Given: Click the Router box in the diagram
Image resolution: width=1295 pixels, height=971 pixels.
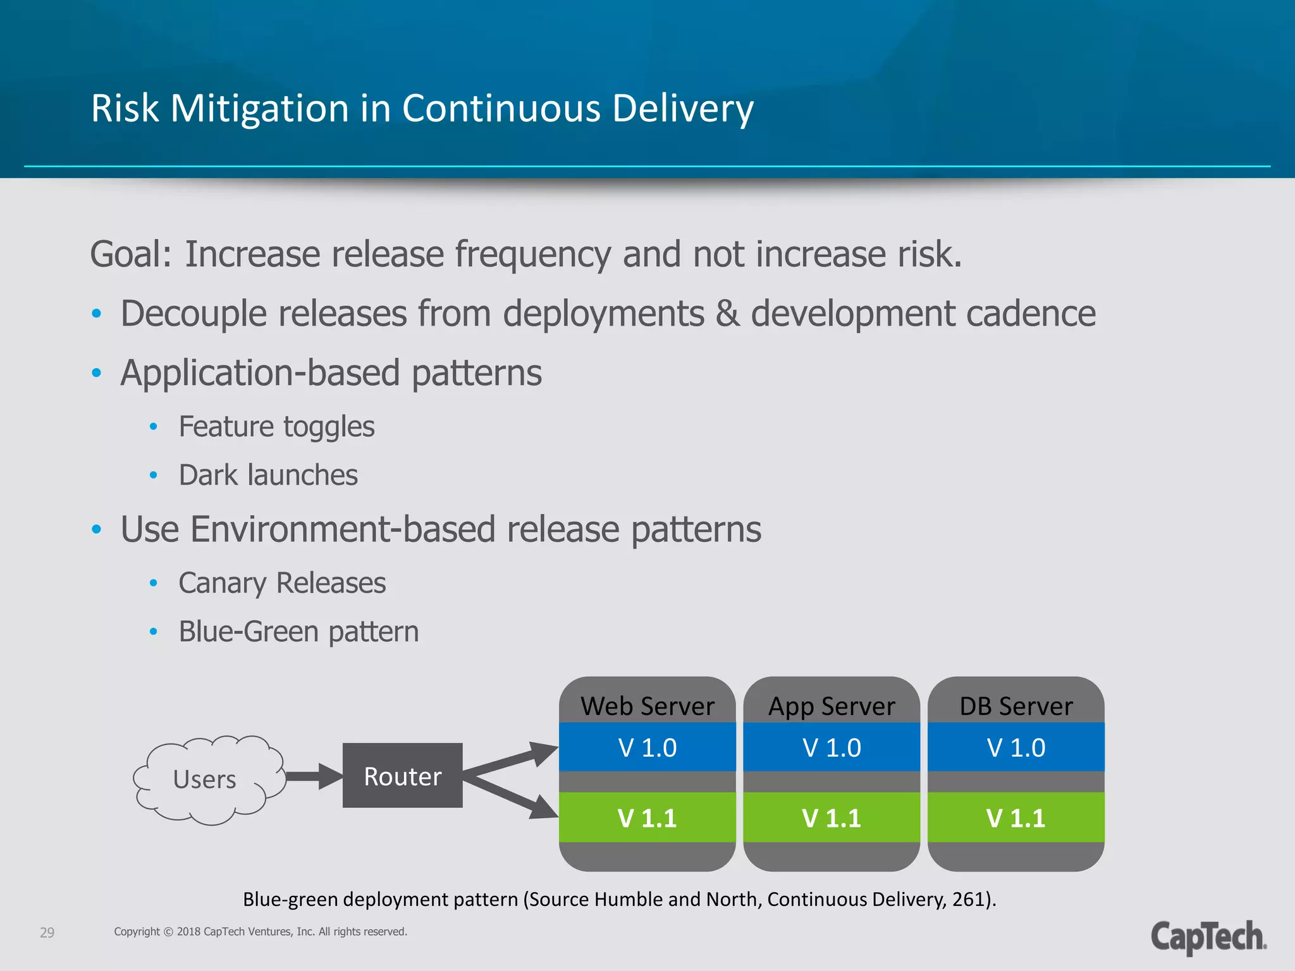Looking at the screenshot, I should coord(402,775).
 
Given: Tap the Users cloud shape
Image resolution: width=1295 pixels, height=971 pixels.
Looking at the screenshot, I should coord(206,779).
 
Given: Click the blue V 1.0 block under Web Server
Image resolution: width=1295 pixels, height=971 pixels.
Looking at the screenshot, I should coord(647,747).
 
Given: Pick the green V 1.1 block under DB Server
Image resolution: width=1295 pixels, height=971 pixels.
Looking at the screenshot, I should coord(1016,817).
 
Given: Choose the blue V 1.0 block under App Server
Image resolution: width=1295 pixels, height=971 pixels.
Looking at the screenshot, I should coord(831,747).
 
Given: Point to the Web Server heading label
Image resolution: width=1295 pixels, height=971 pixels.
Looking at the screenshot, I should coord(647,705).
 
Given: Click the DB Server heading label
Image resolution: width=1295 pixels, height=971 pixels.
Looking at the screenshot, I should coord(1016,705).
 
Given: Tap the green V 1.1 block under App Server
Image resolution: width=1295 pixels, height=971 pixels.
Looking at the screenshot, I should coord(831,817).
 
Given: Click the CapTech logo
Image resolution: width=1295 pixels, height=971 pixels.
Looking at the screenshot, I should coord(1208,937).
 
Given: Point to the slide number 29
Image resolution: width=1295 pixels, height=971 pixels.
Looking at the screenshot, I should coord(47,932).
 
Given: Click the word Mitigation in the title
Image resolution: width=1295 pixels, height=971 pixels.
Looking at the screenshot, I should coord(259,109).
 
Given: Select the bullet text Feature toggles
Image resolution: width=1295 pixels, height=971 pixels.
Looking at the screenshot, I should coord(276,427).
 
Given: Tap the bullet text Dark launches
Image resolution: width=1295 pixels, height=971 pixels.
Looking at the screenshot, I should coord(268,475).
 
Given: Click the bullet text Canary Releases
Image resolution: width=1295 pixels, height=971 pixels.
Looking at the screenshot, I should coord(282,583).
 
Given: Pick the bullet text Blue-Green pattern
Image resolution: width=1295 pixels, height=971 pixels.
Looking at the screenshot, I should coord(298,632).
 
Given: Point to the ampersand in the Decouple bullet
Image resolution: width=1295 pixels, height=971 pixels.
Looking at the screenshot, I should coord(727,314).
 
